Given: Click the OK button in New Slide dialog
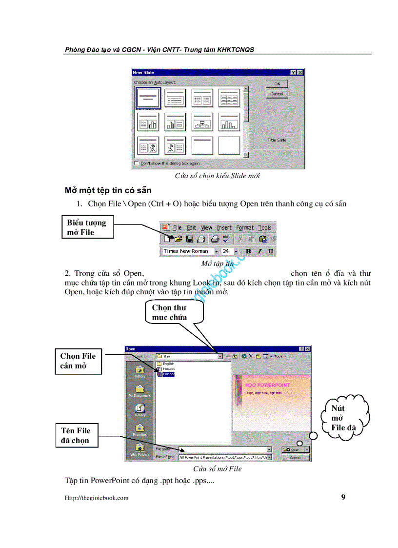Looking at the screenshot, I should [277, 84].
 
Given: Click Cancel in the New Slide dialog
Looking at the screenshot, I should [277, 94].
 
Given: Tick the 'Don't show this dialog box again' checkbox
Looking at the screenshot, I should [137, 163].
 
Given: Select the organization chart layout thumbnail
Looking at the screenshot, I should [202, 122].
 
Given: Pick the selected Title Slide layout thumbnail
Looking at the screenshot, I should [148, 98].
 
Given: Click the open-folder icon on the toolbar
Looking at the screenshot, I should [178, 239].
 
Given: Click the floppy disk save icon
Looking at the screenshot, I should [189, 239].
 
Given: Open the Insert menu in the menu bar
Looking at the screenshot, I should [224, 227].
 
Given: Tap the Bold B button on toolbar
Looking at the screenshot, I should [248, 251].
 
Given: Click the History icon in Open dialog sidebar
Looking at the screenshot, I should [139, 371].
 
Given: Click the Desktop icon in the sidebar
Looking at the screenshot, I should [139, 410].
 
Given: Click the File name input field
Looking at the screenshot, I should [224, 449].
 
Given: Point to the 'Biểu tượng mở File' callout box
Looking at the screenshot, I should [87, 227].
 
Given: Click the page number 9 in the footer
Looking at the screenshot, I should [343, 497].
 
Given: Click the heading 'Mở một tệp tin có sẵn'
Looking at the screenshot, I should [108, 190].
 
